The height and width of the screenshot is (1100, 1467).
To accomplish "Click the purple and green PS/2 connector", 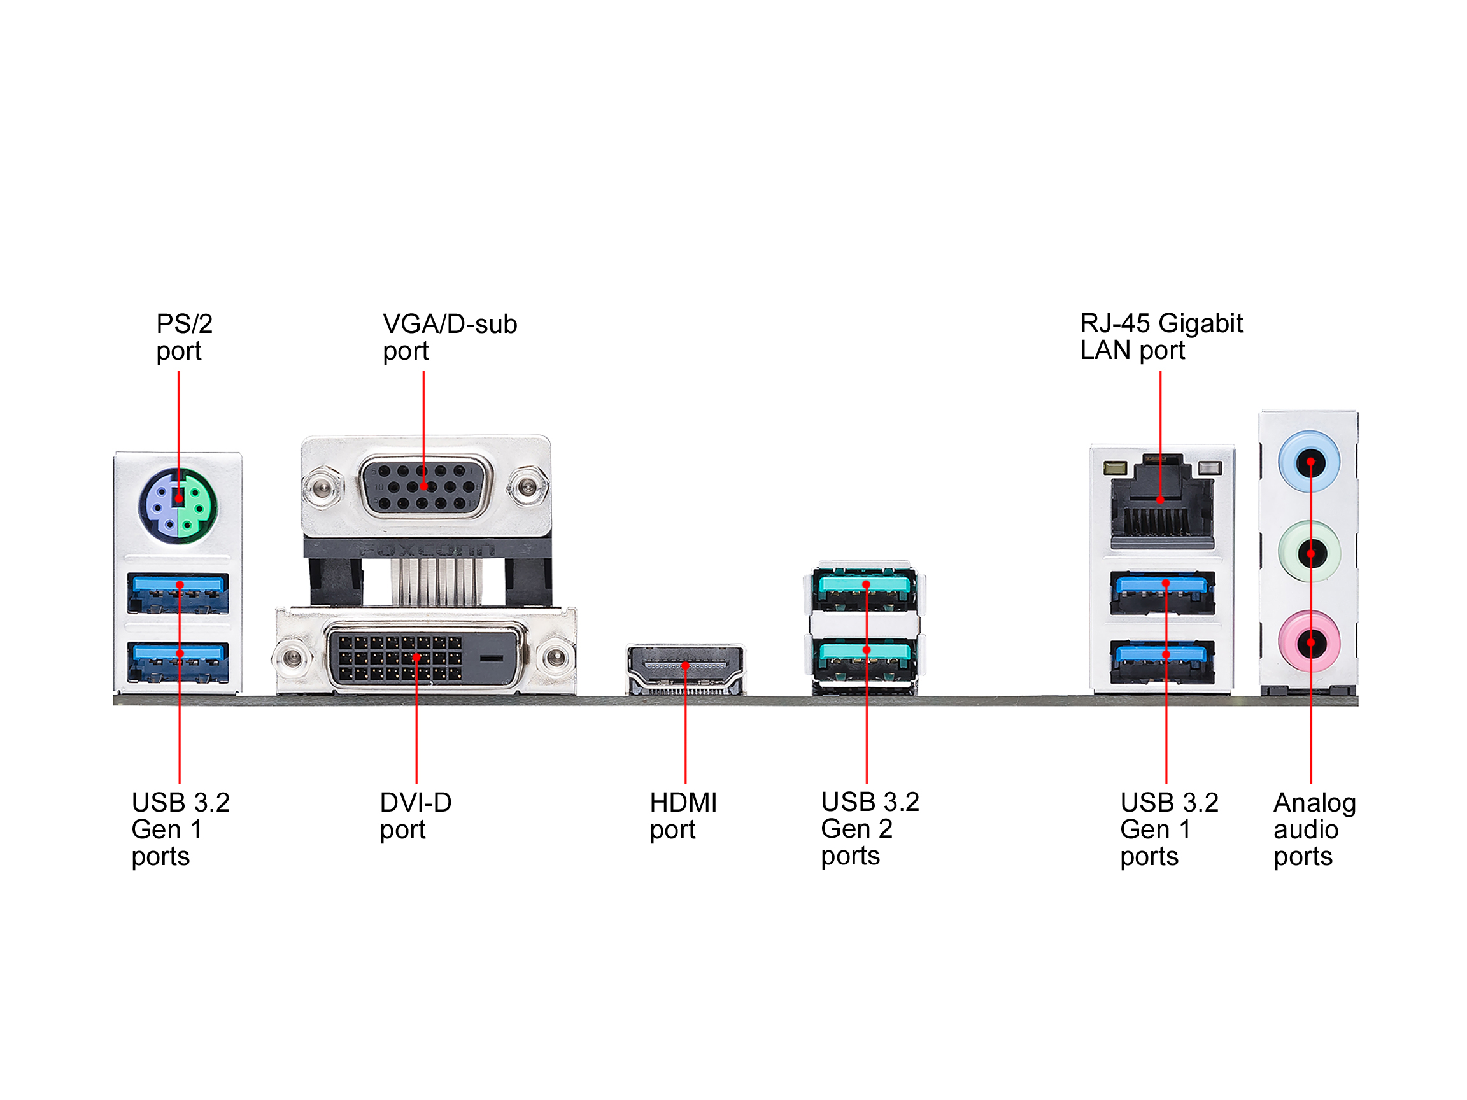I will pyautogui.click(x=178, y=506).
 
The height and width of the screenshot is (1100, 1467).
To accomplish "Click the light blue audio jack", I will pyautogui.click(x=1310, y=462).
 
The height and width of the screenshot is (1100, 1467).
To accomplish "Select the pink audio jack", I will pyautogui.click(x=1310, y=642).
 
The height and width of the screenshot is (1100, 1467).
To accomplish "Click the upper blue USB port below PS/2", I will pyautogui.click(x=178, y=593).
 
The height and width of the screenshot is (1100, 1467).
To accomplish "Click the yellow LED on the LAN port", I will pyautogui.click(x=1115, y=468).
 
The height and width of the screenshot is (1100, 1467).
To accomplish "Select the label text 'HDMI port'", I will pyautogui.click(x=683, y=815).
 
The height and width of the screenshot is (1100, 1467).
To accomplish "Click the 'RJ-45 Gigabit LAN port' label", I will pyautogui.click(x=1161, y=337).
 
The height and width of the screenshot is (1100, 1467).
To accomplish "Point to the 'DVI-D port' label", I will pyautogui.click(x=415, y=815).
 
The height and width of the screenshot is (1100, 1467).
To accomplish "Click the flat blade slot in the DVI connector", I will pyautogui.click(x=492, y=658).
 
